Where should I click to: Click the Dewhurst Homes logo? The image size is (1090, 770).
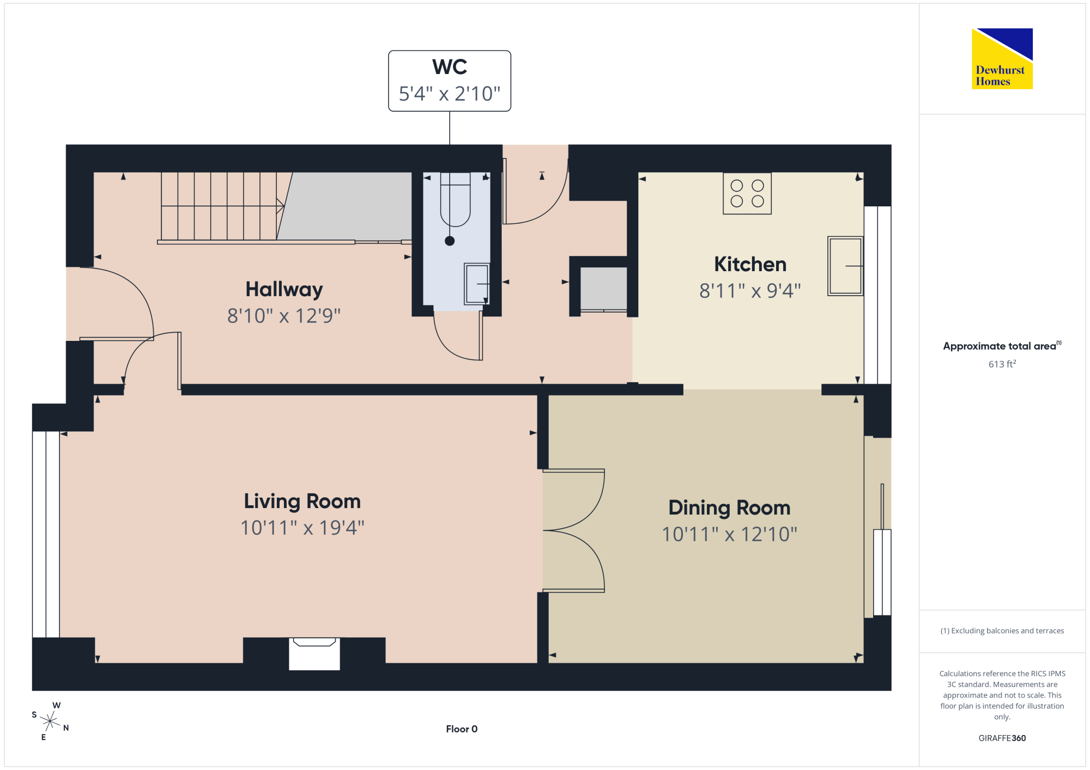pyautogui.click(x=1002, y=58)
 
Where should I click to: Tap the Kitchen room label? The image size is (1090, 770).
pyautogui.click(x=750, y=264)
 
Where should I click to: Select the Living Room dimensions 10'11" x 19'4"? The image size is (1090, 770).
pyautogui.click(x=302, y=527)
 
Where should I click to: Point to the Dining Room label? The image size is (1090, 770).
pyautogui.click(x=729, y=508)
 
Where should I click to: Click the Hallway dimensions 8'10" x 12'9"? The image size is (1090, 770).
pyautogui.click(x=284, y=315)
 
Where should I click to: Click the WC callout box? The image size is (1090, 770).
pyautogui.click(x=450, y=81)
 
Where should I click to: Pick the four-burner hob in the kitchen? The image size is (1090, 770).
pyautogui.click(x=747, y=193)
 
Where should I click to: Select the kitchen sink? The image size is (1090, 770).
pyautogui.click(x=845, y=266)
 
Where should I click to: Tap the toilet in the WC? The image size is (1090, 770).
pyautogui.click(x=455, y=199)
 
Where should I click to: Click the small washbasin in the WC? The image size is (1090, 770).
pyautogui.click(x=477, y=284)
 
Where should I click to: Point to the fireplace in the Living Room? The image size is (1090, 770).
pyautogui.click(x=314, y=653)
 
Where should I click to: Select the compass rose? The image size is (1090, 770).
pyautogui.click(x=50, y=722)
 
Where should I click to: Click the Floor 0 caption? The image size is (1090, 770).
pyautogui.click(x=462, y=729)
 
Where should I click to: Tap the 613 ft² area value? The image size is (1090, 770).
pyautogui.click(x=1002, y=364)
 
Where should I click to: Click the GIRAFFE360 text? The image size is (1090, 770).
pyautogui.click(x=1002, y=738)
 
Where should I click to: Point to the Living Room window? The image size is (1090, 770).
pyautogui.click(x=46, y=534)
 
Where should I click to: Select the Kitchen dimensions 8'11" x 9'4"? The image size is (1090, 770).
pyautogui.click(x=750, y=291)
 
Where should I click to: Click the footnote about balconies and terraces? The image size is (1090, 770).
pyautogui.click(x=1002, y=631)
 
